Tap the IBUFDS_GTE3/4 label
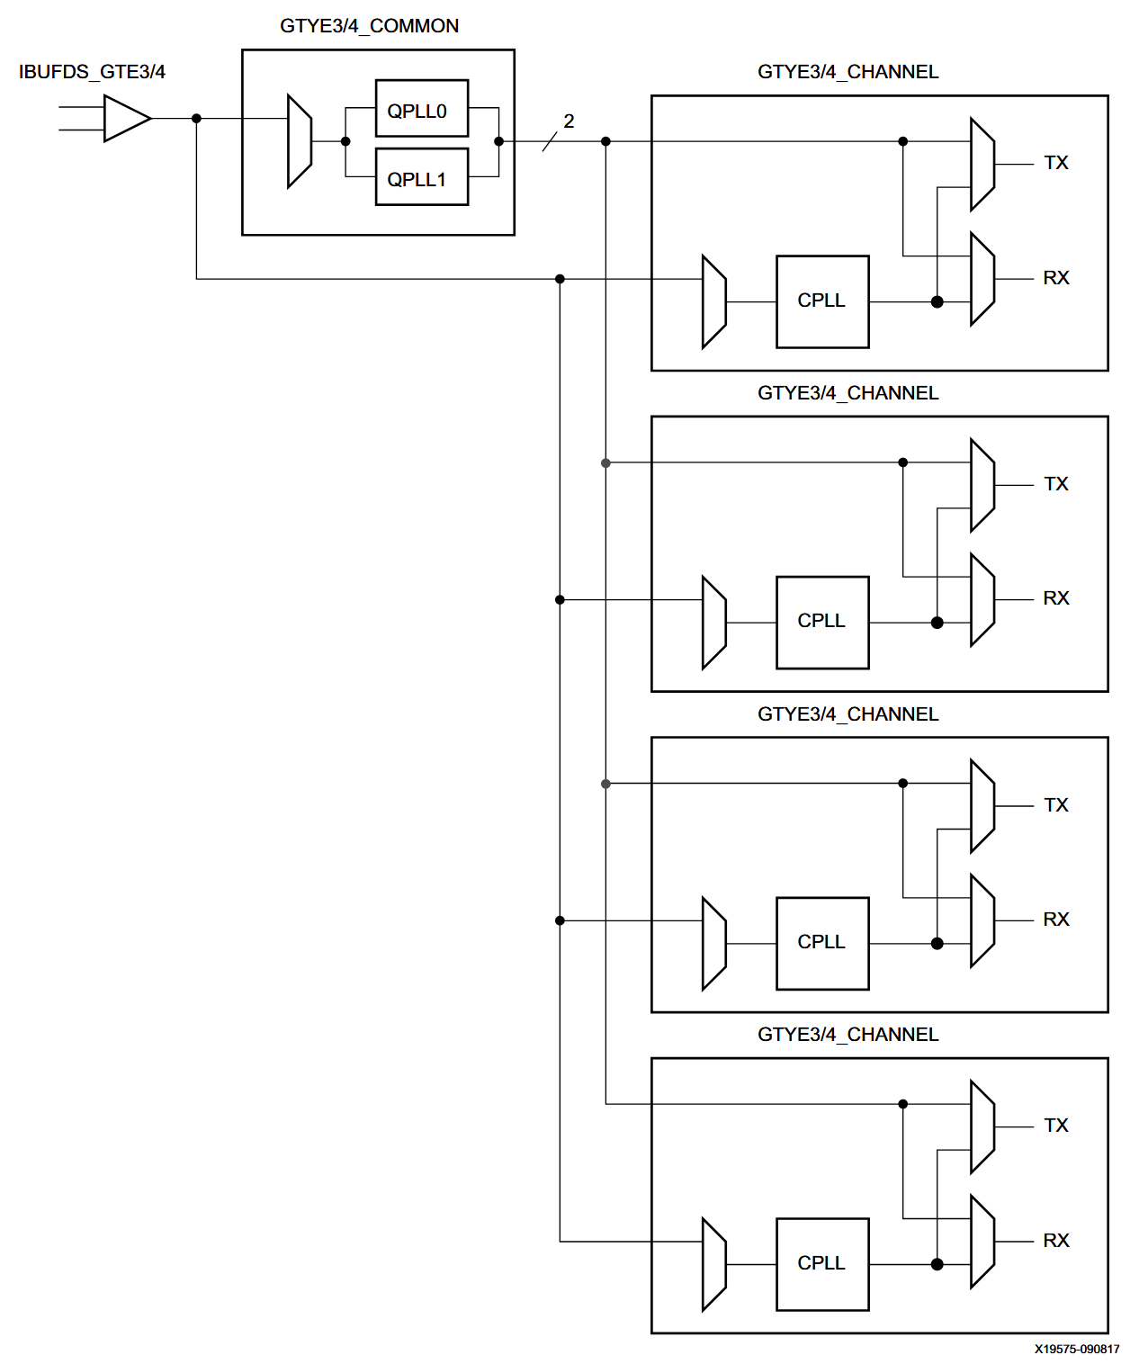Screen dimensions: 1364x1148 click(92, 72)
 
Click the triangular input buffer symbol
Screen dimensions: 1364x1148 click(125, 119)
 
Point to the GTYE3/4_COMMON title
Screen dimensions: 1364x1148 click(369, 26)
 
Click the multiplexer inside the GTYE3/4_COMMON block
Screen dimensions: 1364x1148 click(299, 141)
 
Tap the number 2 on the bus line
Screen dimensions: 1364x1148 click(569, 121)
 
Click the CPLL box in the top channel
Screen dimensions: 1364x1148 click(822, 301)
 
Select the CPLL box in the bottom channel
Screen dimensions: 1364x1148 click(822, 1264)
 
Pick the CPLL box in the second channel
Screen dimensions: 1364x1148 click(822, 622)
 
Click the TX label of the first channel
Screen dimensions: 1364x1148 click(1056, 163)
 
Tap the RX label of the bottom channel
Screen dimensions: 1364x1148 click(1056, 1241)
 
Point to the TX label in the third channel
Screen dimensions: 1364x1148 click(1056, 805)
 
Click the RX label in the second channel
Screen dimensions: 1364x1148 click(1056, 598)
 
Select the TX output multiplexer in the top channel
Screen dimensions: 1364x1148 click(982, 165)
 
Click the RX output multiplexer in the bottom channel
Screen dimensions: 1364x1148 click(982, 1242)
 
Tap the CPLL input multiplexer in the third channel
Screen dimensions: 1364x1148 click(713, 944)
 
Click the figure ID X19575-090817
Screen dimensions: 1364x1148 click(1076, 1349)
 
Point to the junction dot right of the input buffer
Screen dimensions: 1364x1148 click(196, 119)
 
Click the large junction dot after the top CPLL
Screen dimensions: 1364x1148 click(937, 302)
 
